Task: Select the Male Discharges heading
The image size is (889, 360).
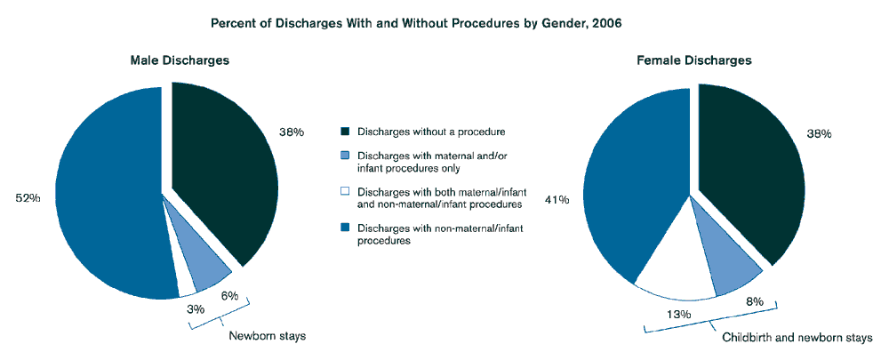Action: coord(180,60)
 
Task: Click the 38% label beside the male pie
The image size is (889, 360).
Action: coord(292,132)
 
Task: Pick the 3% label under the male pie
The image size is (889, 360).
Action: coord(196,308)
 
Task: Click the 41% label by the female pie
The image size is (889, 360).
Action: coord(557,200)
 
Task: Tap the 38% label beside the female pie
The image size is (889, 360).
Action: coord(819,133)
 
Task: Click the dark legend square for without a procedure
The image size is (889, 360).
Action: coord(346,132)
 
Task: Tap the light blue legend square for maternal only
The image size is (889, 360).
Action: coord(346,157)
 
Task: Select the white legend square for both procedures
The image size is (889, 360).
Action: coord(346,191)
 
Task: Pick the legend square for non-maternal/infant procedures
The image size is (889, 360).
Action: coord(346,228)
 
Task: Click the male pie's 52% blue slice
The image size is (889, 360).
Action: coord(102,196)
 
